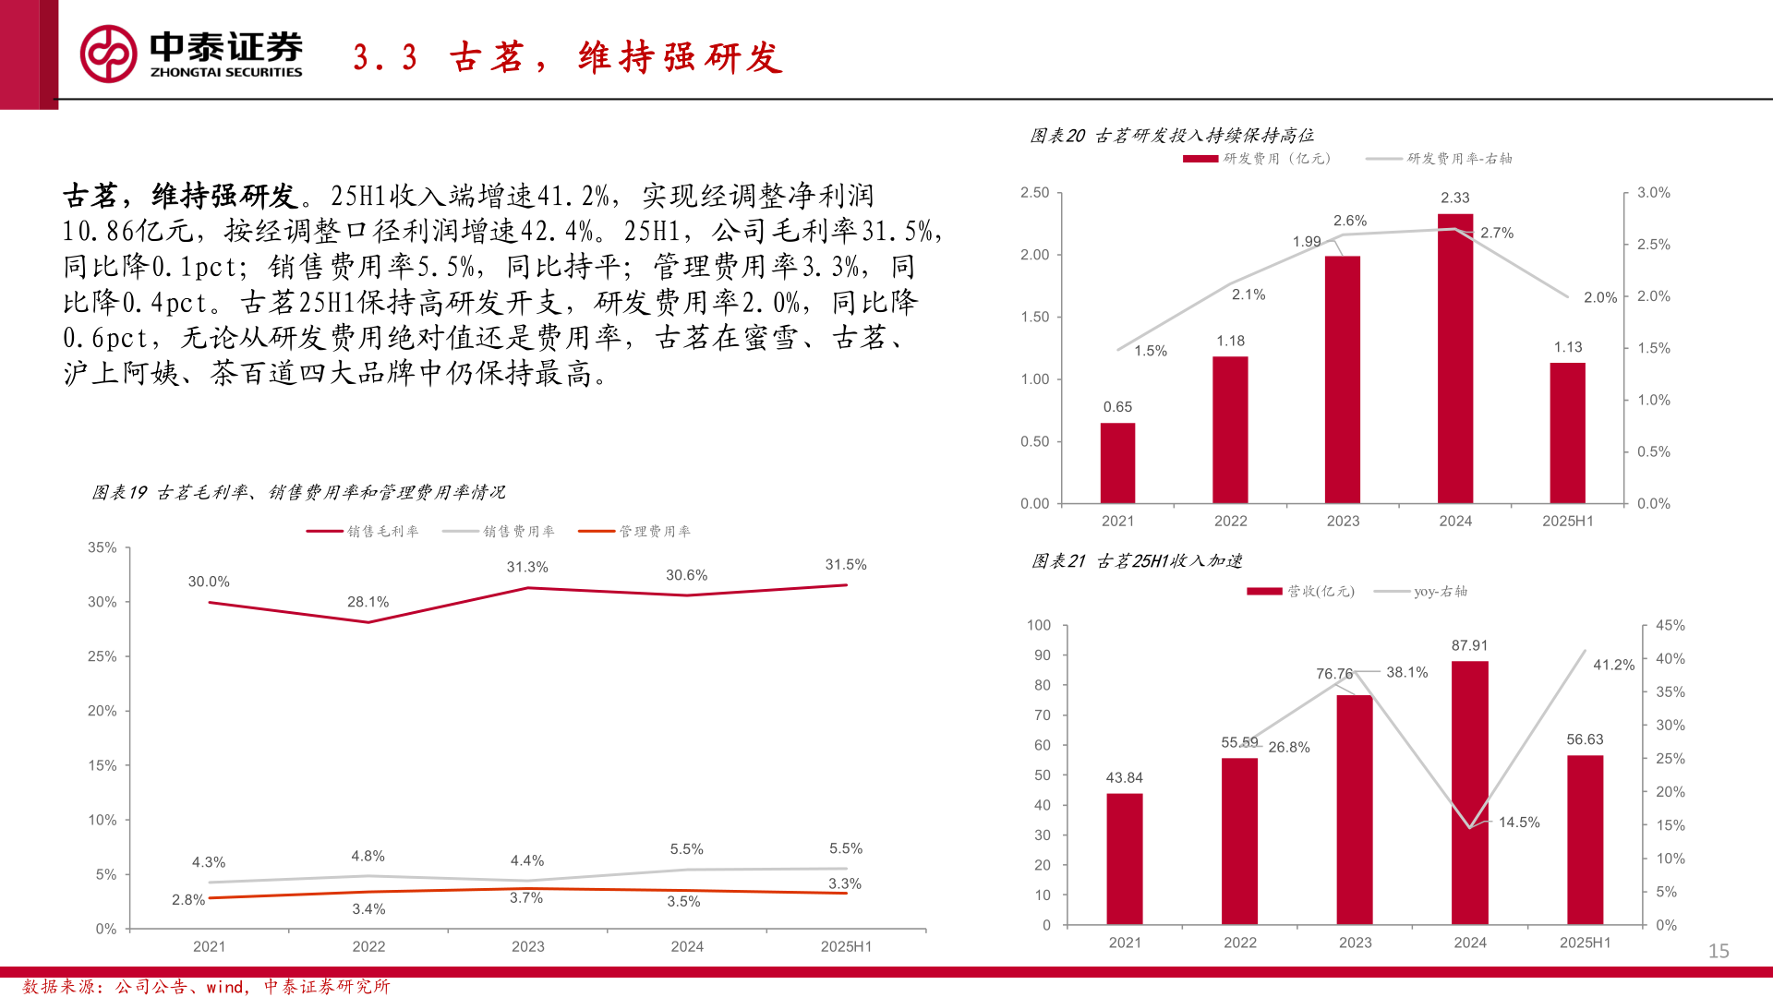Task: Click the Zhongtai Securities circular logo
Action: tap(108, 54)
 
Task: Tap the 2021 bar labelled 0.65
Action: tap(1117, 462)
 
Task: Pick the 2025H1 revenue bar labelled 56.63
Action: tap(1585, 839)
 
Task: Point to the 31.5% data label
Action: tap(846, 565)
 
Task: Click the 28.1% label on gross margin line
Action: tap(368, 602)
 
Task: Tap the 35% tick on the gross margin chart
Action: tap(103, 547)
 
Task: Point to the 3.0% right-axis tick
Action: tap(1654, 193)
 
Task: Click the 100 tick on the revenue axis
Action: tap(1039, 626)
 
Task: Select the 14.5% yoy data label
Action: tap(1519, 823)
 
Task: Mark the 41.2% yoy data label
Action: tap(1613, 665)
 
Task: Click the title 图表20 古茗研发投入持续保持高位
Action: tap(1172, 136)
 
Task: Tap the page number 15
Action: tap(1718, 951)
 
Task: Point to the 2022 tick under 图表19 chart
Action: tap(368, 946)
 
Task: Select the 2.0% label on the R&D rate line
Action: tap(1600, 297)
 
